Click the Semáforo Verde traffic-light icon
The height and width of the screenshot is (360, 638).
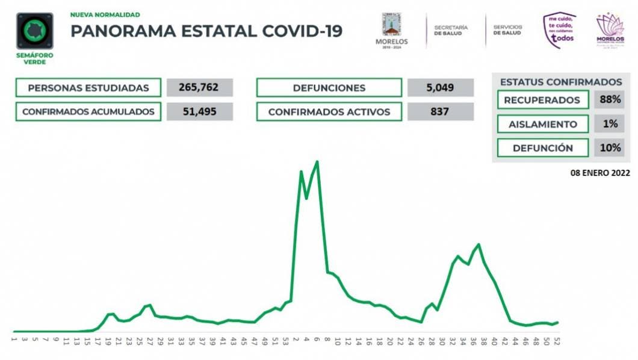coord(35,31)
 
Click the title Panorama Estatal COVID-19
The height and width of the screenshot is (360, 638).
coord(206,31)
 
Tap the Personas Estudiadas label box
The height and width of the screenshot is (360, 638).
coord(88,88)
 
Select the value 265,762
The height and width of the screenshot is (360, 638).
coord(199,88)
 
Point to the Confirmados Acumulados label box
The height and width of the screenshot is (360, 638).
coord(88,112)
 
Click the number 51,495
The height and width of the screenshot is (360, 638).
coord(199,112)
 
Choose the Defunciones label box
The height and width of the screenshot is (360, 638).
coord(329,88)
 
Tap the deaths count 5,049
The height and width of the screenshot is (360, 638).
coord(440,88)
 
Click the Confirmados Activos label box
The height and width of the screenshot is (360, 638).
coord(329,112)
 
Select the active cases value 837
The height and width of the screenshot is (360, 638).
coord(440,112)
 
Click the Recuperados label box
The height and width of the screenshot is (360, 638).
coord(543,101)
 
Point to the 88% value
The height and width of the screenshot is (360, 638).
coord(610,101)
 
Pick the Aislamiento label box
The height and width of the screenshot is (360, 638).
coord(543,125)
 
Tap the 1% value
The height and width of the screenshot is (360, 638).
coord(610,125)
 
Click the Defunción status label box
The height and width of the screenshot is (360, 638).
coord(543,148)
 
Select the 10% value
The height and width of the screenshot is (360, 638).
coord(610,148)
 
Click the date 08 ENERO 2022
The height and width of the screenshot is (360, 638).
coord(600,172)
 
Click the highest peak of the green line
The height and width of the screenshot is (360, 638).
coord(317,161)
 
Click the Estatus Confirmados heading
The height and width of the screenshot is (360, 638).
coord(560,82)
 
